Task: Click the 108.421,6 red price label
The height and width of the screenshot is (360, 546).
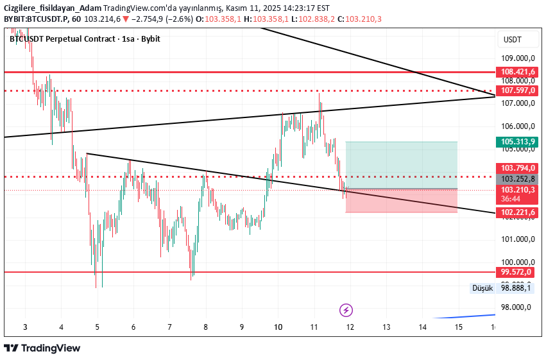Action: [x=517, y=72]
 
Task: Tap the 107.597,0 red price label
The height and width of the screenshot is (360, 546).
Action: [x=517, y=90]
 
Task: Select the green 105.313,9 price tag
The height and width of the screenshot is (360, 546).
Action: [x=517, y=142]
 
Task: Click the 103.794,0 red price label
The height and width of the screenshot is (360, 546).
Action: [x=517, y=167]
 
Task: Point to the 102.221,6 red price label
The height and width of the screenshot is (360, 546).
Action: [x=517, y=212]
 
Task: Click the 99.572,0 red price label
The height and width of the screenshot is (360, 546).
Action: [x=517, y=272]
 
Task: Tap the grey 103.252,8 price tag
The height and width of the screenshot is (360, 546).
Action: [x=517, y=179]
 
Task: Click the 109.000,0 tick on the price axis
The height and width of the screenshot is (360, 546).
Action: [x=517, y=58]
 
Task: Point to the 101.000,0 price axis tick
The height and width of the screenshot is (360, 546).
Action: [x=517, y=239]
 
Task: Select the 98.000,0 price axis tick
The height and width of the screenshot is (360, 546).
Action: [x=517, y=307]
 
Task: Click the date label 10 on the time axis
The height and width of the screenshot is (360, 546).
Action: [x=278, y=327]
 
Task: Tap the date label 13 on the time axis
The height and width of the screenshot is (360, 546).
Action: [x=386, y=327]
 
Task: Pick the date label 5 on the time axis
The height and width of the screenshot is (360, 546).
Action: [x=98, y=327]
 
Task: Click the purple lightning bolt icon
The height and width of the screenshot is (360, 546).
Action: [x=346, y=311]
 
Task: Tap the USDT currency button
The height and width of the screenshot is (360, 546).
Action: [x=513, y=40]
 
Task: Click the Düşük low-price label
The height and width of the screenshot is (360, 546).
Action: [x=482, y=288]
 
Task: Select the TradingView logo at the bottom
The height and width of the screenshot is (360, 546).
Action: [x=42, y=348]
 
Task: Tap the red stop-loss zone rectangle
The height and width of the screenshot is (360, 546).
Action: [x=401, y=200]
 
